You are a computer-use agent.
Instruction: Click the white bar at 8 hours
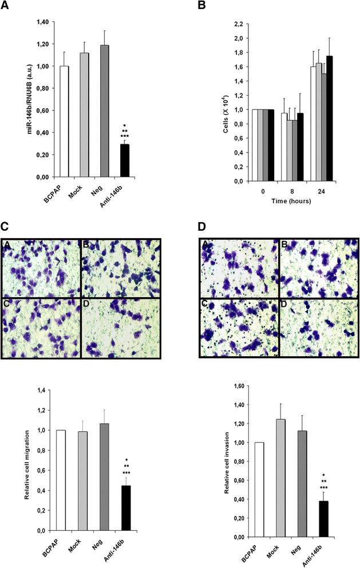pos(283,147)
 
